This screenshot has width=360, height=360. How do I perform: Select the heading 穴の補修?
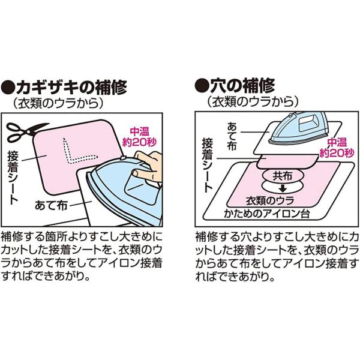click(242, 86)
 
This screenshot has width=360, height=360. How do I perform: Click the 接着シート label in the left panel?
click(13, 177)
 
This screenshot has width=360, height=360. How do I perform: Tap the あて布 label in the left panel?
click(51, 205)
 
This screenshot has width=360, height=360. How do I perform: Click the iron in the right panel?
click(298, 128)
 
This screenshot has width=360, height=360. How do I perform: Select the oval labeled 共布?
click(283, 176)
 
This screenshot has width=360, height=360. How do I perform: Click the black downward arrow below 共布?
click(283, 189)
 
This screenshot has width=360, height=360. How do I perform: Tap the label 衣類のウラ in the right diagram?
click(270, 200)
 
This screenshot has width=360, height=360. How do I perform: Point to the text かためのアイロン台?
click(267, 214)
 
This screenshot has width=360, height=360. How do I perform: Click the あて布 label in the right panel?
click(232, 136)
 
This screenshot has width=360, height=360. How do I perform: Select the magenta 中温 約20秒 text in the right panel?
click(337, 148)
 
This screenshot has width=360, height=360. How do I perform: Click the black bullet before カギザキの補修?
click(8, 88)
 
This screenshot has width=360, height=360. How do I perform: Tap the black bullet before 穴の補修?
click(202, 86)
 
